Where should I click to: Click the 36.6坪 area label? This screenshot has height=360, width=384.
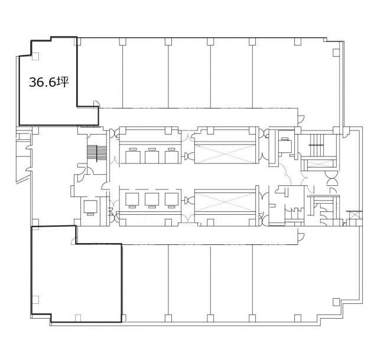tap(48, 82)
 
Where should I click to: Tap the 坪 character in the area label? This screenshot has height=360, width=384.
tap(63, 81)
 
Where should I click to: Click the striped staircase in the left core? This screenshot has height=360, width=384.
tap(97, 153)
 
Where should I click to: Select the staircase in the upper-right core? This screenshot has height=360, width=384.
tap(318, 145)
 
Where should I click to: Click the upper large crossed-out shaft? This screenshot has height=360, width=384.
tap(225, 153)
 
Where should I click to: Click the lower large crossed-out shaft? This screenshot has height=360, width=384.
tap(225, 202)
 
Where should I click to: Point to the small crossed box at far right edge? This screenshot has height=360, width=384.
tap(354, 215)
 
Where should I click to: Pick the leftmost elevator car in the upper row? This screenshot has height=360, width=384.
tap(133, 157)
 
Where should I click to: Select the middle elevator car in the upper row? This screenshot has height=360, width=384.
tap(152, 157)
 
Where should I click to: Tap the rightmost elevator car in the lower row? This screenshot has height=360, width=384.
tap(171, 199)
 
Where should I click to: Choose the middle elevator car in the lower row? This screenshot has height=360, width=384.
tap(152, 199)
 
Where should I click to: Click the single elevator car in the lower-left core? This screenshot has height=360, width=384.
tap(90, 207)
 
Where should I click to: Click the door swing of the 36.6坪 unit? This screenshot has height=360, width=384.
tap(96, 103)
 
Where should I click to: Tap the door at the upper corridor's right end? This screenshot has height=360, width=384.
tap(301, 119)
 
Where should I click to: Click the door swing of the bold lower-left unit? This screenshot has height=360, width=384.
tap(73, 241)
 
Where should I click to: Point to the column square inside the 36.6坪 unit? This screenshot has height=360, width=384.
tap(35, 57)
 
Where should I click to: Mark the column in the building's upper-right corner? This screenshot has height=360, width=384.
tap(336, 53)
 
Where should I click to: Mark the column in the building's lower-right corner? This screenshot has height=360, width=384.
tap(336, 302)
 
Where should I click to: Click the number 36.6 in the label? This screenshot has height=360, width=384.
tap(43, 82)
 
